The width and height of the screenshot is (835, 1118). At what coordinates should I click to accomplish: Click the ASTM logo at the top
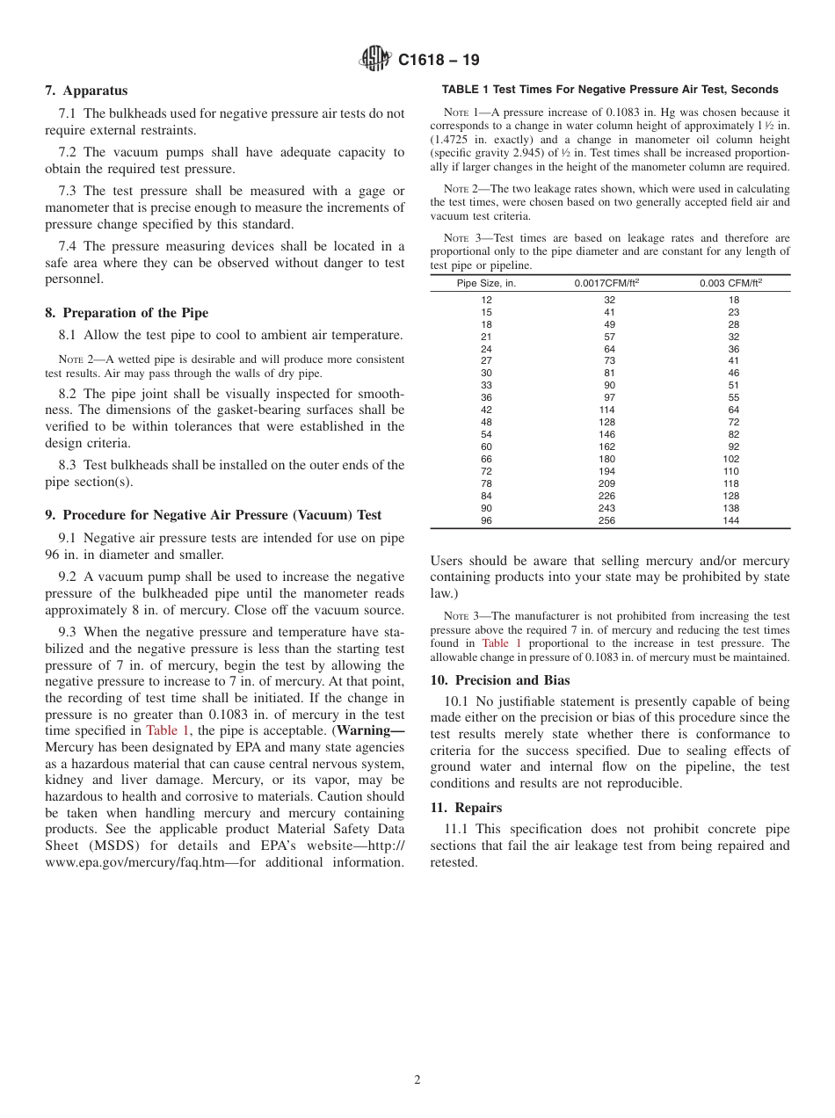click(375, 60)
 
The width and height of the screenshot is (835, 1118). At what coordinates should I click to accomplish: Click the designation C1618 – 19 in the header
click(439, 61)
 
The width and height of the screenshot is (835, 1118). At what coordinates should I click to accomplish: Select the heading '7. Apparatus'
click(86, 91)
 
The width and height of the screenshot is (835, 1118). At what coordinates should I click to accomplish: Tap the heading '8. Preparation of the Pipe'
click(127, 313)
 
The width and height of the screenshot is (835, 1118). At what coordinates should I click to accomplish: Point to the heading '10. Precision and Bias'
click(499, 680)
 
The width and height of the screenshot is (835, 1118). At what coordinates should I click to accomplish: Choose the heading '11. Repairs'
click(466, 808)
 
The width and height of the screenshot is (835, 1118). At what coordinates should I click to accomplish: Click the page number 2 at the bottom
click(417, 1080)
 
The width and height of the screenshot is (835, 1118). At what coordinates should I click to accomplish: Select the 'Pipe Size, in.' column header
click(486, 283)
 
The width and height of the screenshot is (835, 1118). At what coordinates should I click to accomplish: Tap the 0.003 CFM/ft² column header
click(731, 283)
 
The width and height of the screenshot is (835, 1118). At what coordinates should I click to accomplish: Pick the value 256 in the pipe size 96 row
click(606, 520)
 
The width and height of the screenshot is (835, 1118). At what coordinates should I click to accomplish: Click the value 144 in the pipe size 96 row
click(731, 520)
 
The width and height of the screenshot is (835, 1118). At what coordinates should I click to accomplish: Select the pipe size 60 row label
click(486, 446)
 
